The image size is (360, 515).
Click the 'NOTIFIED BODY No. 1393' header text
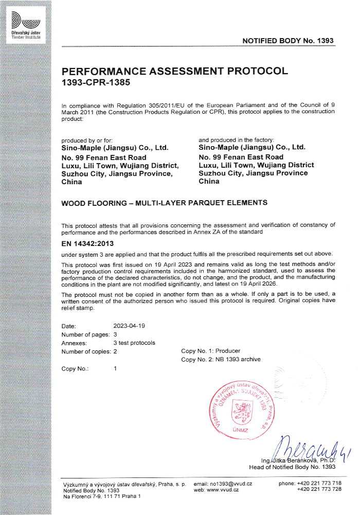coord(288,40)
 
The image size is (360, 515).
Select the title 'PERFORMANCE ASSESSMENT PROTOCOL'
coord(174,71)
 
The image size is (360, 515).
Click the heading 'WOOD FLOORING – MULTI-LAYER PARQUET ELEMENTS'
coord(164,203)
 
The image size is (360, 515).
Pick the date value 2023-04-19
coord(129,326)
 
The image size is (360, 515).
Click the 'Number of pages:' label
coord(82,334)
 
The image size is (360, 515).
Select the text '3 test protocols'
coord(134,343)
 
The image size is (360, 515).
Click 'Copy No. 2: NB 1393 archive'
coord(221,359)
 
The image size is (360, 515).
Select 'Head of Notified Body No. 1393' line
coord(292,467)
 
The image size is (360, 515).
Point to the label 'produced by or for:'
coord(87,140)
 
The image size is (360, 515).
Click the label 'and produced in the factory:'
coord(236,140)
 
